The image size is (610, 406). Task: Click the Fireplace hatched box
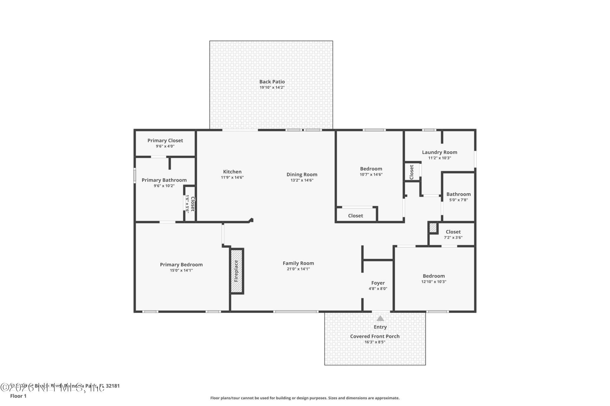pos(237,271)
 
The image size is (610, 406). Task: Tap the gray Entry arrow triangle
pos(380,318)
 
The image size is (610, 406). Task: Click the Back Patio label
pos(272,82)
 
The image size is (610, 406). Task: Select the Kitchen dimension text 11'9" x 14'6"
pos(232,178)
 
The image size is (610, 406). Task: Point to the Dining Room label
pos(302,174)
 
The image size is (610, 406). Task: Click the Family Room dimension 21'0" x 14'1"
pos(298,269)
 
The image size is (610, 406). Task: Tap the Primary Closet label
pos(165,141)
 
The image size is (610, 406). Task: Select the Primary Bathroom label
pos(164,180)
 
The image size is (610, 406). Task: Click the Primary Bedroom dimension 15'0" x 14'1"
pos(181,271)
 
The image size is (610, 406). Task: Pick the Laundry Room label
pos(439,152)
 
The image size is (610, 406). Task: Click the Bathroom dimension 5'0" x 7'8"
pos(458,200)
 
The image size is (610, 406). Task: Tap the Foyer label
pos(378,283)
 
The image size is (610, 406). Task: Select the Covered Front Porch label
pos(375,336)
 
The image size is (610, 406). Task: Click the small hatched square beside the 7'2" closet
pos(433,228)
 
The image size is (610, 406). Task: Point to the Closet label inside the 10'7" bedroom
pos(355,216)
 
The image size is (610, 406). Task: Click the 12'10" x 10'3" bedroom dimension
pos(434,282)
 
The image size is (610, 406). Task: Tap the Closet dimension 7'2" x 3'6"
pos(453,238)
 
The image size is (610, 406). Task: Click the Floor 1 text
pos(18,396)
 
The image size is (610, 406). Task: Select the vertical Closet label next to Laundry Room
pos(411,172)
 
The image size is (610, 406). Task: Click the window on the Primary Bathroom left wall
pos(134,176)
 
